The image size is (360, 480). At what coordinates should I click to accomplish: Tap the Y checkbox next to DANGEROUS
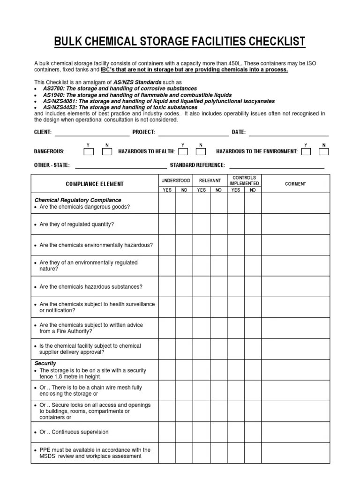pyautogui.click(x=89, y=151)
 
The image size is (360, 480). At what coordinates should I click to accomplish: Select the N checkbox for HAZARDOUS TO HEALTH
pyautogui.click(x=201, y=151)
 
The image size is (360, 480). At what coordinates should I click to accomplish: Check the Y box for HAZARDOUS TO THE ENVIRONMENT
pyautogui.click(x=306, y=151)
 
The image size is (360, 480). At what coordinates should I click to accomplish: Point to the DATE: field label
pyautogui.click(x=239, y=132)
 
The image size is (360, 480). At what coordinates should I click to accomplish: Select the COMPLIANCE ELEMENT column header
pyautogui.click(x=95, y=184)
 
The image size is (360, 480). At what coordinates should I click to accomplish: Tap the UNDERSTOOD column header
pyautogui.click(x=176, y=180)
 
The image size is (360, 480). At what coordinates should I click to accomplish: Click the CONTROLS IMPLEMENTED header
pyautogui.click(x=244, y=181)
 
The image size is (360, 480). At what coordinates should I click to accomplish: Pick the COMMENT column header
pyautogui.click(x=295, y=184)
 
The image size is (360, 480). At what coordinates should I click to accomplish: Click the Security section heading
pyautogui.click(x=45, y=363)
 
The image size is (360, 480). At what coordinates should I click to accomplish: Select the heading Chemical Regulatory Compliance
pyautogui.click(x=78, y=200)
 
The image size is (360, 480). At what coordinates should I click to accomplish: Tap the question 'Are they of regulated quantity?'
pyautogui.click(x=77, y=225)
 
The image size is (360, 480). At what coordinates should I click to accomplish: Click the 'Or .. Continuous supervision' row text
pyautogui.click(x=74, y=432)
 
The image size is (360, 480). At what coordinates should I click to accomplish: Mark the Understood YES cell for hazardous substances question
pyautogui.click(x=167, y=287)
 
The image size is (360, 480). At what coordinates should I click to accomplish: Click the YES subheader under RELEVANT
pyautogui.click(x=202, y=190)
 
